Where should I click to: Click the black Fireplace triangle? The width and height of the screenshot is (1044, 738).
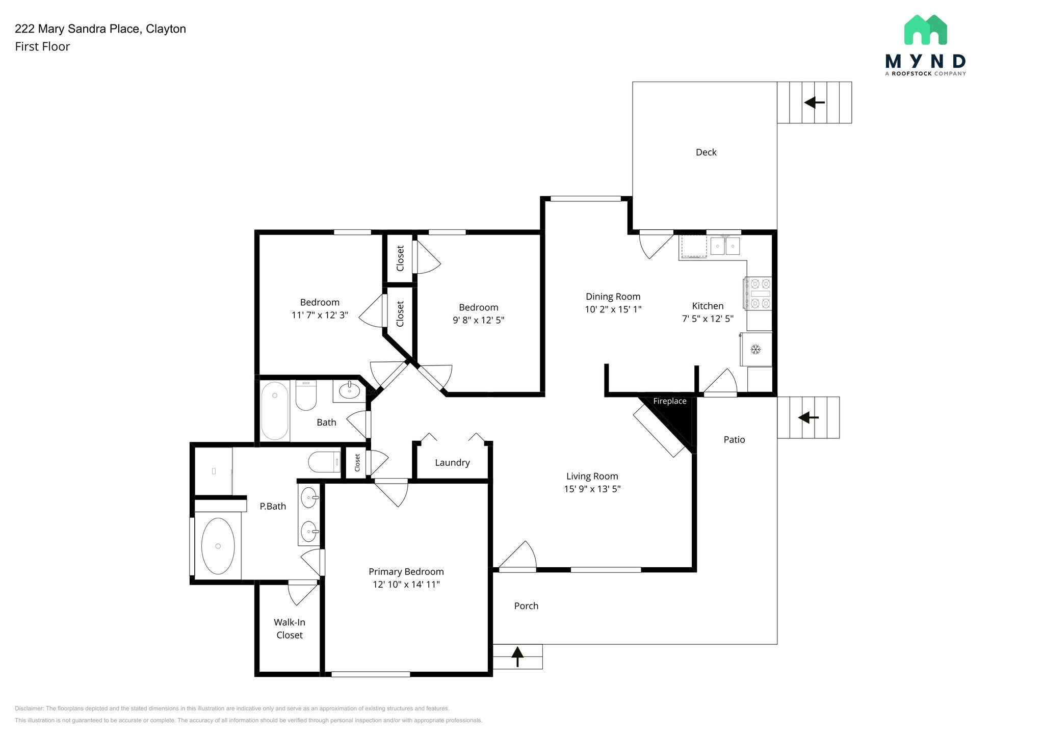(x=678, y=415)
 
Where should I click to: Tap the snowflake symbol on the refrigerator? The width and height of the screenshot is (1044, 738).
(x=755, y=350)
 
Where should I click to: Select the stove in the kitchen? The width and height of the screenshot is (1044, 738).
(x=758, y=293)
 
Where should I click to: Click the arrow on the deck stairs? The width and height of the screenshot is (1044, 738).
(x=815, y=102)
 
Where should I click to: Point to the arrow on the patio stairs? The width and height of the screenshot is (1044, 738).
(x=808, y=418)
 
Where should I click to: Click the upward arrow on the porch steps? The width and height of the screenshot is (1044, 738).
(x=517, y=656)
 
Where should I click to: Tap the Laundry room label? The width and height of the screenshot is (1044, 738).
(x=452, y=463)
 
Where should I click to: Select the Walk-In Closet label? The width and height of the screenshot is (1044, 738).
(x=290, y=628)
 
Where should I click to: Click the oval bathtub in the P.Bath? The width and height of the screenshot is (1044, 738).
(x=218, y=546)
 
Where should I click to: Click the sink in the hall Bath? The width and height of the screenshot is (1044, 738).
(x=350, y=391)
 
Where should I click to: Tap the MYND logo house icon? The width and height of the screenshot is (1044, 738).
(x=925, y=30)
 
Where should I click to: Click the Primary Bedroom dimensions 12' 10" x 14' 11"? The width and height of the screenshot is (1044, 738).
(x=406, y=584)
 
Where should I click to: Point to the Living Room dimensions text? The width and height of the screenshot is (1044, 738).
(x=592, y=489)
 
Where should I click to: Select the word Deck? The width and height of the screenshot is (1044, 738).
(x=706, y=152)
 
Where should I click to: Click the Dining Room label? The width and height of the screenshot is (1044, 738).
(x=613, y=297)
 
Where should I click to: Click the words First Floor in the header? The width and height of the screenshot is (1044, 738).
(x=42, y=46)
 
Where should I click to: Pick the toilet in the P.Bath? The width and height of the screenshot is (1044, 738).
(x=324, y=462)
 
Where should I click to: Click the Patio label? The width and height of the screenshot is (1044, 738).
(x=734, y=440)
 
